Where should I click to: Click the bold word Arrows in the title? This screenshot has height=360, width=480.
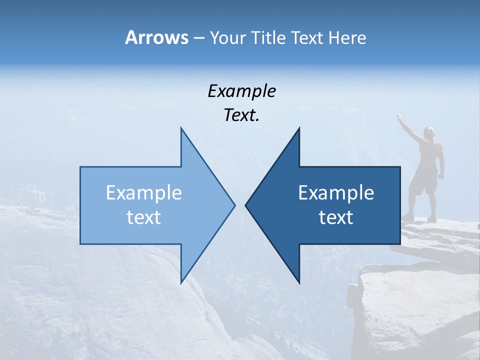(156, 37)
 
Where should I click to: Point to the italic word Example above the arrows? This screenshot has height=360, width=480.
(241, 91)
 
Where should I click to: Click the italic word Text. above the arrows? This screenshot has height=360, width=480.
(241, 115)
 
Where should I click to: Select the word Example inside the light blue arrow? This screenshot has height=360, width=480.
(144, 193)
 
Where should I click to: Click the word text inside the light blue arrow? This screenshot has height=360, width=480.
(144, 217)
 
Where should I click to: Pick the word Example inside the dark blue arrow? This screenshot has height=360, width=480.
(336, 193)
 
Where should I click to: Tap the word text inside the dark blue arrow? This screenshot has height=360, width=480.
(336, 217)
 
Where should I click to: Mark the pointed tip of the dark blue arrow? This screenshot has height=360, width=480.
(246, 205)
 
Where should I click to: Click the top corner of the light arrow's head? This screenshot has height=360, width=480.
(181, 128)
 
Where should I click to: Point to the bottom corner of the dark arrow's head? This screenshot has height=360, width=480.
(299, 282)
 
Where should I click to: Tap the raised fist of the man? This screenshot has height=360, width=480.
(399, 117)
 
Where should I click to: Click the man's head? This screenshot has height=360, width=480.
(428, 132)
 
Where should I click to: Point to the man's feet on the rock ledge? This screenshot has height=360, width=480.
(419, 217)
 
